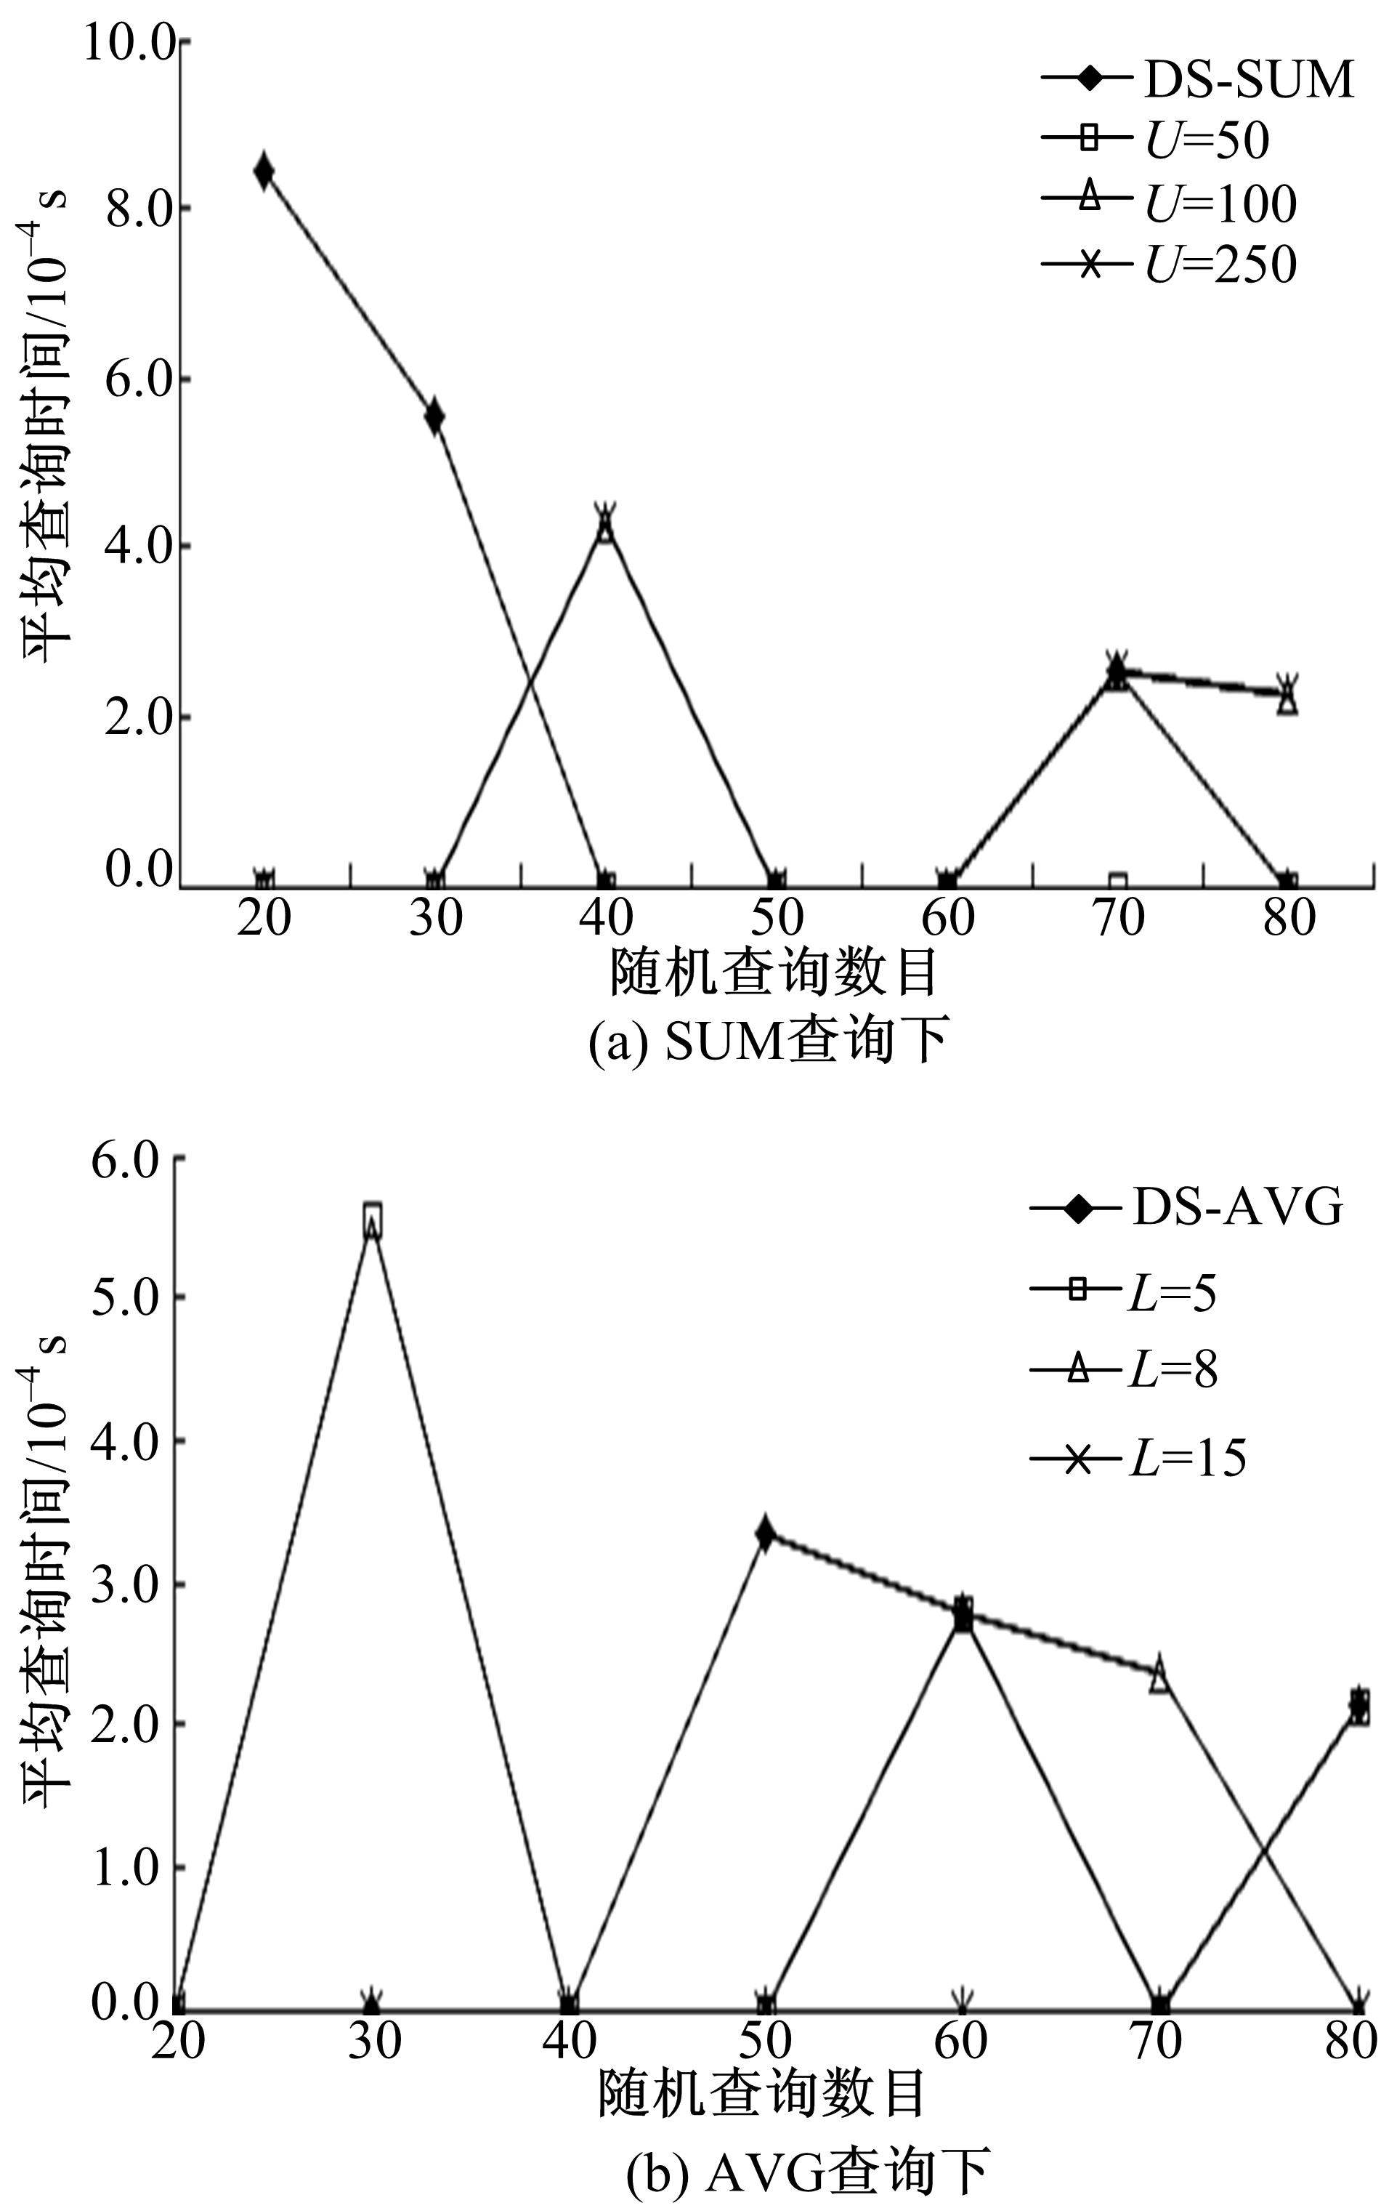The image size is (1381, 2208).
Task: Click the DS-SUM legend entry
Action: point(1196,79)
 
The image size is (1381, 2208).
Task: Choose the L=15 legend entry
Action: point(1138,1457)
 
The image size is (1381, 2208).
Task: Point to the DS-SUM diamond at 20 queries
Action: point(264,171)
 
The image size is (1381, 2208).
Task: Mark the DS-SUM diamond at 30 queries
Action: point(434,416)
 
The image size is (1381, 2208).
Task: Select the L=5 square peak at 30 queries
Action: point(372,1219)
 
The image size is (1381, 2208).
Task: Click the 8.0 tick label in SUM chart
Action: point(139,210)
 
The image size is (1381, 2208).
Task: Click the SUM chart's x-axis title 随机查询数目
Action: point(774,973)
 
